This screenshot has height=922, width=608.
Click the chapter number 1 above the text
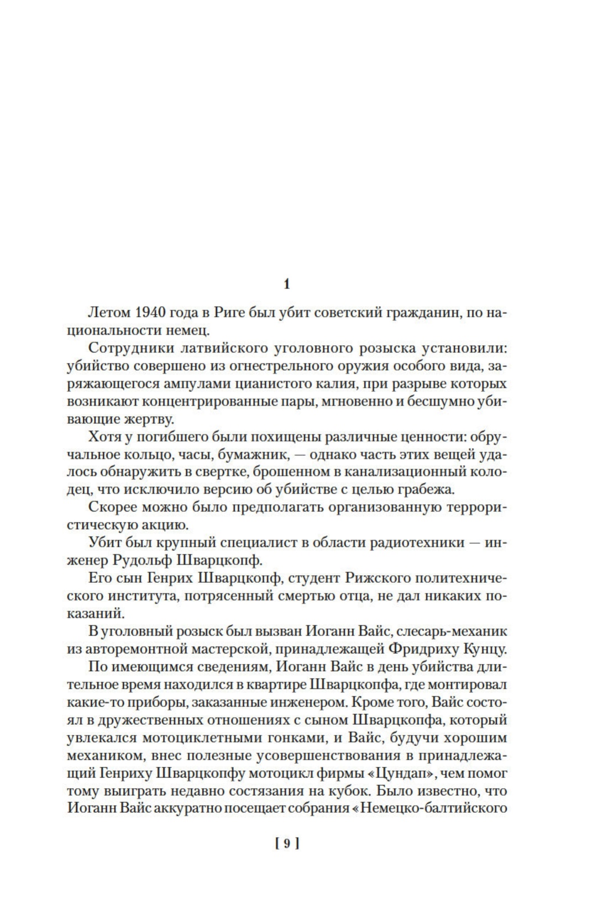286,284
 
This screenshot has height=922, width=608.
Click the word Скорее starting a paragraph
113,508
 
